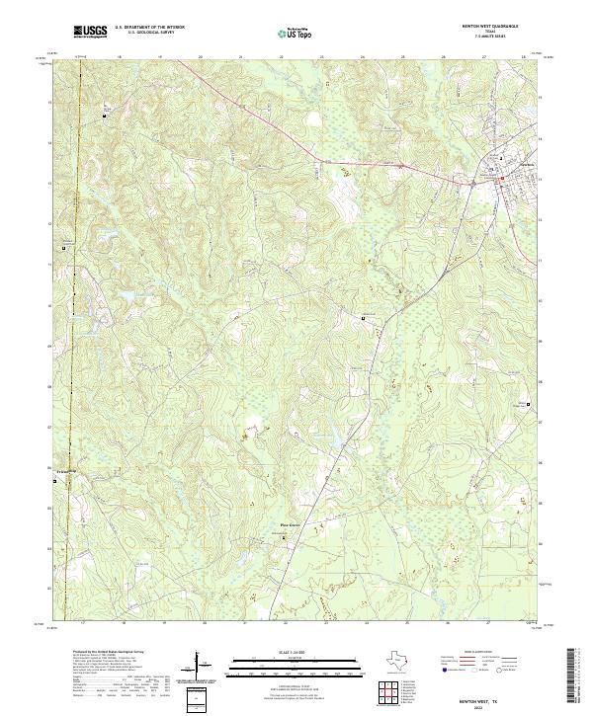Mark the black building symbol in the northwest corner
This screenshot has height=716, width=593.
pos(106,116)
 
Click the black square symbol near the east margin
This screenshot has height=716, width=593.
pos(528,405)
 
